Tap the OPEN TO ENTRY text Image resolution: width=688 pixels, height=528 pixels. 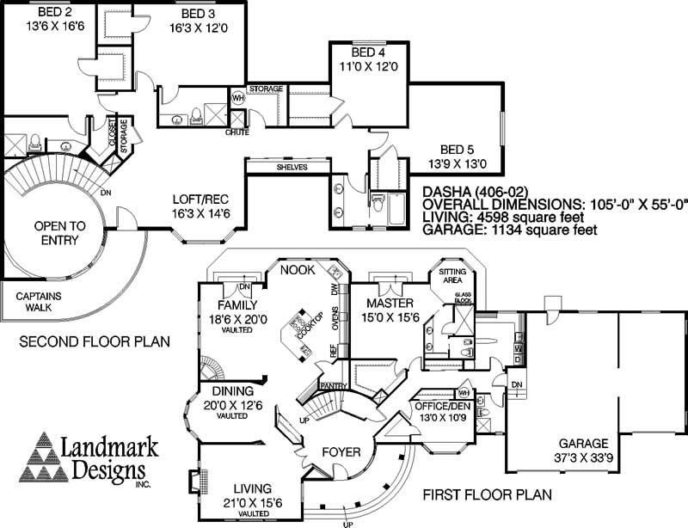pyautogui.click(x=59, y=232)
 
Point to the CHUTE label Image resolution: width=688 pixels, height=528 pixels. pyautogui.click(x=237, y=131)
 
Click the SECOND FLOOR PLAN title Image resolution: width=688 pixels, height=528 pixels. pyautogui.click(x=95, y=341)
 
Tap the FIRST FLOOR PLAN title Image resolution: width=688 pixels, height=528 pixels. pyautogui.click(x=486, y=494)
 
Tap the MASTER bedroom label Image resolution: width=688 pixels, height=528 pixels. pyautogui.click(x=391, y=304)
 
